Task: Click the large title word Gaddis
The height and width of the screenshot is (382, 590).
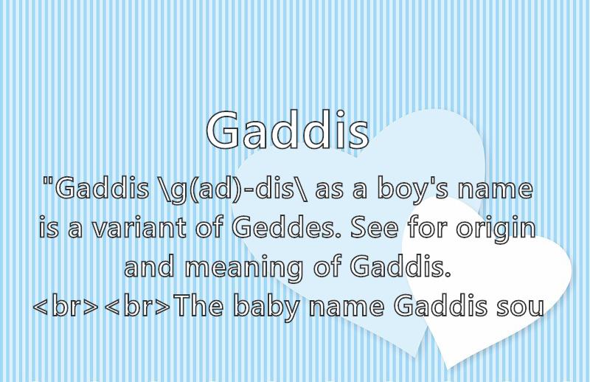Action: tap(288, 130)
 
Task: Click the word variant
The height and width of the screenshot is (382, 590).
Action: tap(139, 228)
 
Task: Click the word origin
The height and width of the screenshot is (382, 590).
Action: tap(496, 229)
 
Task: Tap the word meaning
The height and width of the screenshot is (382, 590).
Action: tap(244, 268)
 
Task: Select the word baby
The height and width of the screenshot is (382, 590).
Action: tap(266, 307)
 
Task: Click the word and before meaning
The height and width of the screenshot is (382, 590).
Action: tap(149, 266)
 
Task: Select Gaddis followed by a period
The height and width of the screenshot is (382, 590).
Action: tap(400, 266)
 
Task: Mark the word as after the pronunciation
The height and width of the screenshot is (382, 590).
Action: tap(330, 191)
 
